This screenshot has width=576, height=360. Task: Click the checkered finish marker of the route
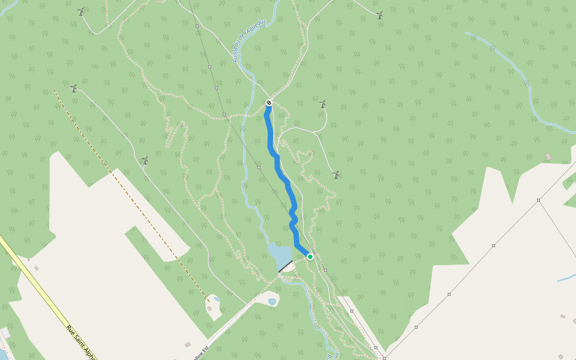[269, 103]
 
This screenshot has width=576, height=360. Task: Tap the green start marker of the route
[310, 257]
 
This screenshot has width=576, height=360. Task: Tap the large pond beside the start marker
[278, 254]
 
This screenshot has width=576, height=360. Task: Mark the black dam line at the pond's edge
[286, 266]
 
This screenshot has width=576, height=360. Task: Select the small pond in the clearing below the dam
[272, 301]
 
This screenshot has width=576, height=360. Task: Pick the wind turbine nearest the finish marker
[322, 104]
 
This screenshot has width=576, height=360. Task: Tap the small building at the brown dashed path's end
[209, 308]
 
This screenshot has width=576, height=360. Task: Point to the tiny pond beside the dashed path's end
[217, 298]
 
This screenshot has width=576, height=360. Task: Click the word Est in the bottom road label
[205, 349]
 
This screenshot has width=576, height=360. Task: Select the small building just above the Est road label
[188, 344]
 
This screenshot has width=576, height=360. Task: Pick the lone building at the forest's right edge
[548, 157]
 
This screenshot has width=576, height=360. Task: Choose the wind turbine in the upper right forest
[379, 15]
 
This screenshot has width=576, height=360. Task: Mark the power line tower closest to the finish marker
[224, 114]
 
